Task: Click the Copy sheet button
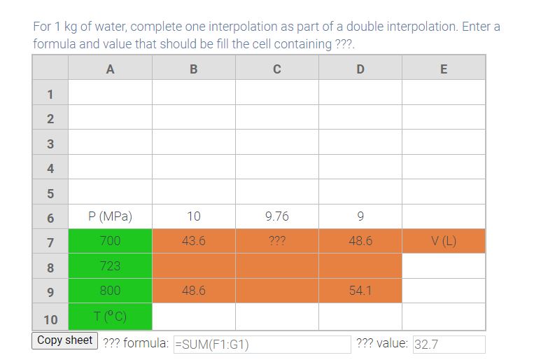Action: [64, 340]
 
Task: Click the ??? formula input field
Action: [262, 344]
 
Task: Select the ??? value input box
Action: [449, 344]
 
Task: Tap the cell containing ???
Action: [277, 241]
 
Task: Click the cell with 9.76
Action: [277, 216]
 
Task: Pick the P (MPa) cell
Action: [110, 216]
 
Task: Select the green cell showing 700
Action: [110, 241]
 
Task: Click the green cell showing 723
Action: [110, 265]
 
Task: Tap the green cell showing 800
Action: [110, 290]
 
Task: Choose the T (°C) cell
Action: [110, 316]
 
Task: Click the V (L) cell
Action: [444, 241]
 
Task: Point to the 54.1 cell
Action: [360, 290]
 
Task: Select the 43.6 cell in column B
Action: [194, 241]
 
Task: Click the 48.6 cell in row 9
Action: [194, 290]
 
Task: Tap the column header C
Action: [277, 68]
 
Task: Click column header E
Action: [444, 68]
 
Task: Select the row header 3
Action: [50, 142]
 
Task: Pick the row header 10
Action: [50, 319]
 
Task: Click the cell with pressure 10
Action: [194, 216]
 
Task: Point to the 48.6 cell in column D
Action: [360, 241]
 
